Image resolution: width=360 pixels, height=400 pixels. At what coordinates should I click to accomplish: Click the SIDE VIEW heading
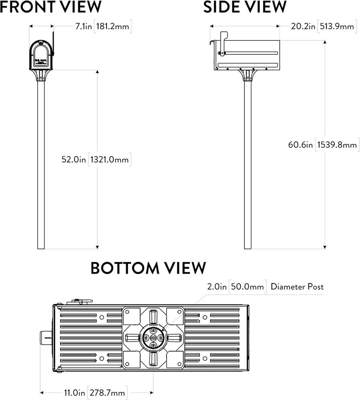(x=245, y=7)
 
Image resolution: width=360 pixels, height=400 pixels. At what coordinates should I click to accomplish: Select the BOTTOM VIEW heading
(x=148, y=268)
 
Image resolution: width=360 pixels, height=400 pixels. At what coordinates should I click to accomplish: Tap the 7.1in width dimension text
(x=84, y=26)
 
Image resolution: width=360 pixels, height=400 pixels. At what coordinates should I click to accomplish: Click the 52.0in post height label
(x=74, y=160)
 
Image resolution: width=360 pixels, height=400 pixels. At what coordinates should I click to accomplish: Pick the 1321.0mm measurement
(x=110, y=160)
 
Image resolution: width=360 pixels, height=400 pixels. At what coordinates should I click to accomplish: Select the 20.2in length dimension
(x=302, y=26)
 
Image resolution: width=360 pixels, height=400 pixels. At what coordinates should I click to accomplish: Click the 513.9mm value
(x=336, y=26)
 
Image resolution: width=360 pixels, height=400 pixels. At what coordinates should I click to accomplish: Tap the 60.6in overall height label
(x=300, y=145)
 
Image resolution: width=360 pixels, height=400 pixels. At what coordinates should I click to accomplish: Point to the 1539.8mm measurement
(x=337, y=145)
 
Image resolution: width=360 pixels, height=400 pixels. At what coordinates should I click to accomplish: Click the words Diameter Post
(x=297, y=287)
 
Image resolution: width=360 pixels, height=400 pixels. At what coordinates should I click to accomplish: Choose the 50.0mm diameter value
(x=247, y=287)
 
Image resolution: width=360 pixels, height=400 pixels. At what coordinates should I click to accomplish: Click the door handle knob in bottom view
(x=45, y=338)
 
